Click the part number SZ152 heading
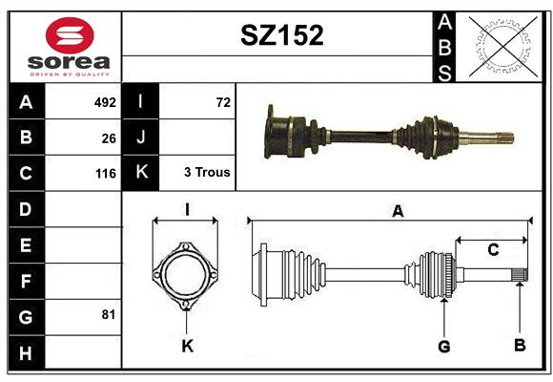tap(282, 35)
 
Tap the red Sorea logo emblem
tap(70, 35)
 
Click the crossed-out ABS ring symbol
tap(503, 47)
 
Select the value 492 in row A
tap(105, 102)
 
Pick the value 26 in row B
tap(109, 138)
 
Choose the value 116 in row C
tap(106, 174)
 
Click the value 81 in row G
tap(109, 314)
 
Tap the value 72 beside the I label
tap(223, 102)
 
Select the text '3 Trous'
tap(207, 172)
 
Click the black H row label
tap(27, 353)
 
